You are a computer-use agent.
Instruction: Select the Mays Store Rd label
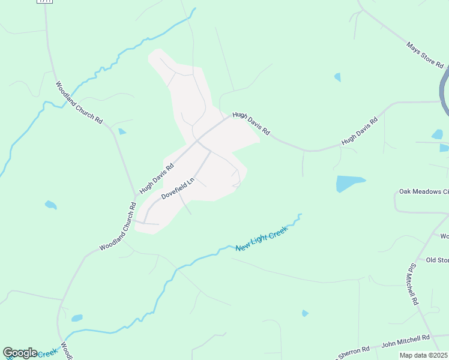click(425, 55)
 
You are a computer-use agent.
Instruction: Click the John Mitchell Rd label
click(406, 340)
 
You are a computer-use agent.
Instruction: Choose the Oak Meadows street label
click(424, 192)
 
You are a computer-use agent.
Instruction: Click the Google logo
click(20, 353)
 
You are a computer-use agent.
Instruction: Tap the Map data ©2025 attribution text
click(423, 355)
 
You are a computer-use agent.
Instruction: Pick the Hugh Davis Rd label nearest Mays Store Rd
click(359, 131)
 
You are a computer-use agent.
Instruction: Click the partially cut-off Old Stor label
click(437, 260)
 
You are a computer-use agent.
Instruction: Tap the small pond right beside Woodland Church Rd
click(122, 131)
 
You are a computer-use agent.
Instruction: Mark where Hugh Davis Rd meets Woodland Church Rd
click(136, 195)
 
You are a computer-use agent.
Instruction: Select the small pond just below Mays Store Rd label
click(337, 77)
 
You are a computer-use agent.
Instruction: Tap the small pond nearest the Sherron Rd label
click(305, 313)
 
